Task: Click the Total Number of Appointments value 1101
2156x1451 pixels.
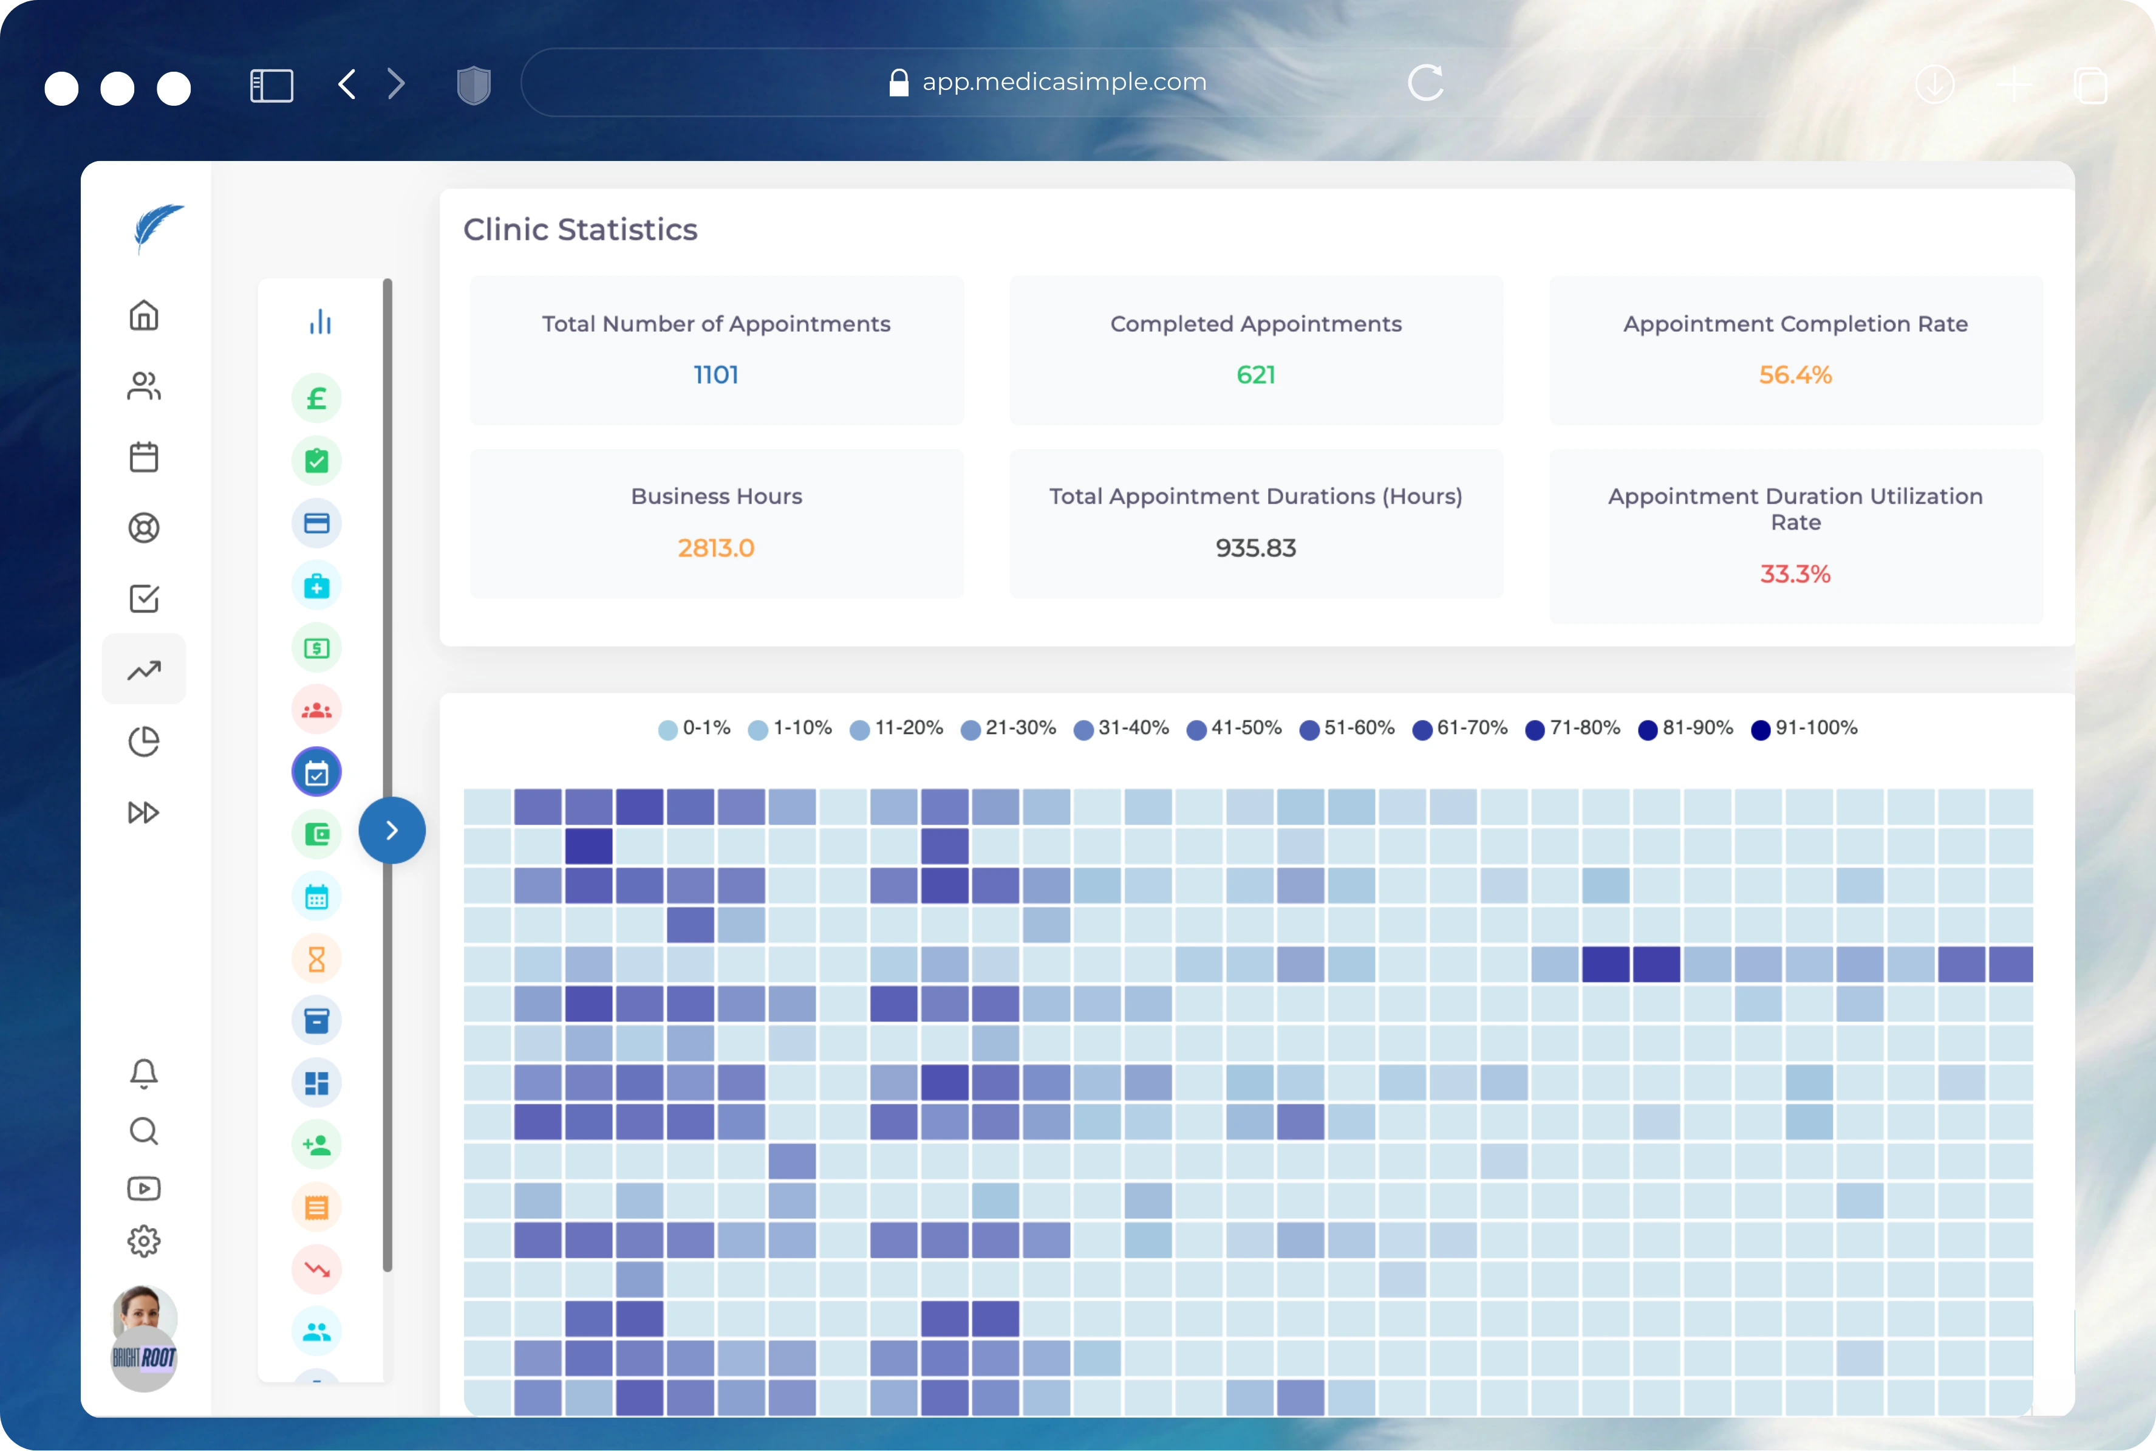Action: tap(716, 375)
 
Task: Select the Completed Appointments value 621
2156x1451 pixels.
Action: tap(1255, 375)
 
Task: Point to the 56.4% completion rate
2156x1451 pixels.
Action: tap(1795, 375)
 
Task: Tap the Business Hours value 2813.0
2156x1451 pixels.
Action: tap(716, 548)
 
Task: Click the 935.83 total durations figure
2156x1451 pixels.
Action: tap(1255, 548)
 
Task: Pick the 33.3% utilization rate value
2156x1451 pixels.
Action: tap(1795, 574)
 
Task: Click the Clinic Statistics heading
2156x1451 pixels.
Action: tap(580, 230)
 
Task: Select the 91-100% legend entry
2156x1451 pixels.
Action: tap(1804, 729)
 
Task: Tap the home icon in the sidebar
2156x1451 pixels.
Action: tap(143, 315)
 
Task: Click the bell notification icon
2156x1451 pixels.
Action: tap(143, 1074)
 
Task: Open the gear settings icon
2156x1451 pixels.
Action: tap(143, 1241)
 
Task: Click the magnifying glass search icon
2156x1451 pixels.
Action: tap(143, 1131)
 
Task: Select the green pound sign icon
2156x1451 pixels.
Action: tap(316, 399)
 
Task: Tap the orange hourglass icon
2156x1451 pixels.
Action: tap(316, 959)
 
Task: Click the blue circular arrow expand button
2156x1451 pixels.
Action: tap(392, 830)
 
